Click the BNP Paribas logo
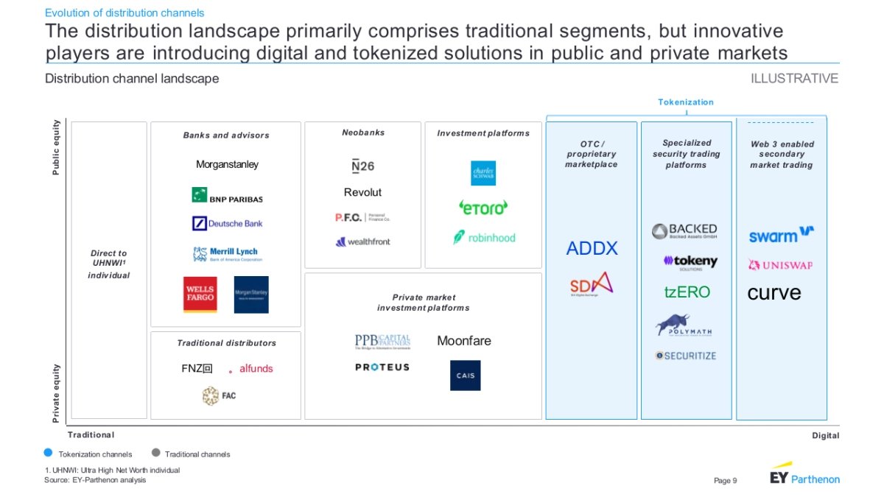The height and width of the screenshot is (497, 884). click(x=227, y=196)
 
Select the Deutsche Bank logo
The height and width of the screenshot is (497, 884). click(x=227, y=223)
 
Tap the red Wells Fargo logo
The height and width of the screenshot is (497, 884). click(x=200, y=295)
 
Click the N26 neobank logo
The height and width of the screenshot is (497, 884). click(x=362, y=166)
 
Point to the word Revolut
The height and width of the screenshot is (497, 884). click(x=362, y=192)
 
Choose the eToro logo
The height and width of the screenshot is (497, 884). click(x=483, y=208)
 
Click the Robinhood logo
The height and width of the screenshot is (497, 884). click(x=484, y=237)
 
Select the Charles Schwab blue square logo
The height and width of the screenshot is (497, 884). click(x=483, y=173)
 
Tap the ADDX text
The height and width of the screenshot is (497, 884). click(x=592, y=249)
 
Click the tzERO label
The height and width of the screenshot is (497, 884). click(x=687, y=292)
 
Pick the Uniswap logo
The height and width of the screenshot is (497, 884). click(x=780, y=265)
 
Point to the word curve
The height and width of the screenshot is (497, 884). click(x=773, y=293)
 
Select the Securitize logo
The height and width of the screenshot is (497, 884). click(x=686, y=356)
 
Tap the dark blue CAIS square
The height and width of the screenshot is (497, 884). click(x=466, y=376)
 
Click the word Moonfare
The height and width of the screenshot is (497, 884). click(x=463, y=341)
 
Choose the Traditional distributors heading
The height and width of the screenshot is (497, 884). click(x=226, y=343)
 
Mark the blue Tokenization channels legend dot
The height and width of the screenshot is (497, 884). click(x=49, y=454)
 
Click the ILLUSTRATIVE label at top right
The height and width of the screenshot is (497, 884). click(x=794, y=79)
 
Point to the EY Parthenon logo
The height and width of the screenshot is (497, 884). click(x=804, y=476)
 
